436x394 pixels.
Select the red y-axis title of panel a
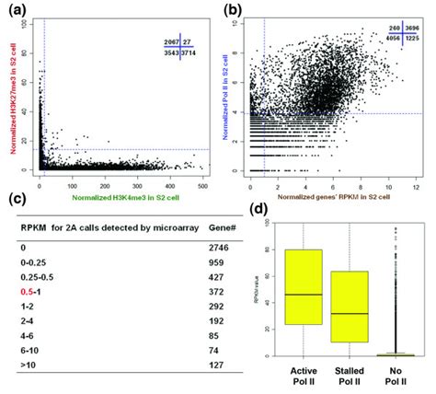pos(17,98)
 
